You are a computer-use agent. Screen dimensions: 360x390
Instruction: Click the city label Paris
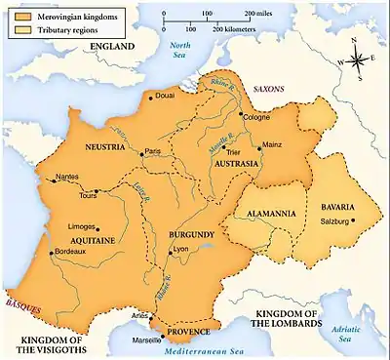[152, 151]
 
